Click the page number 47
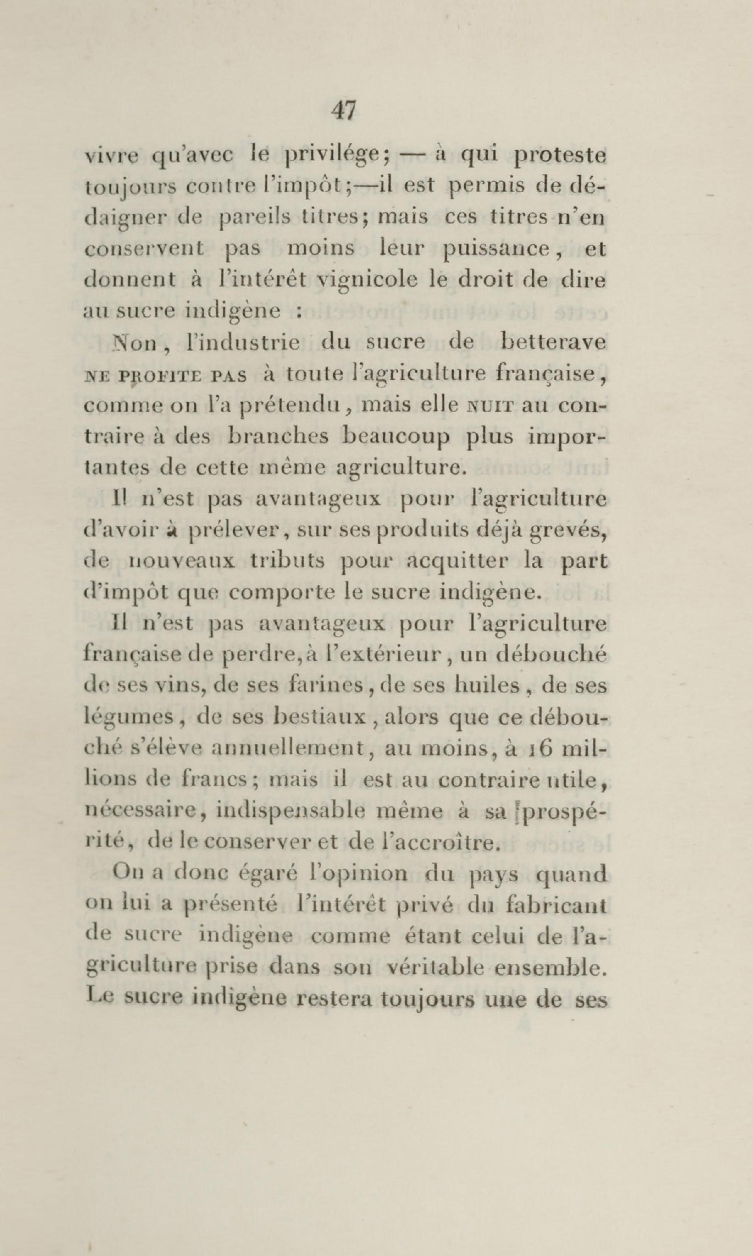[x=344, y=111]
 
